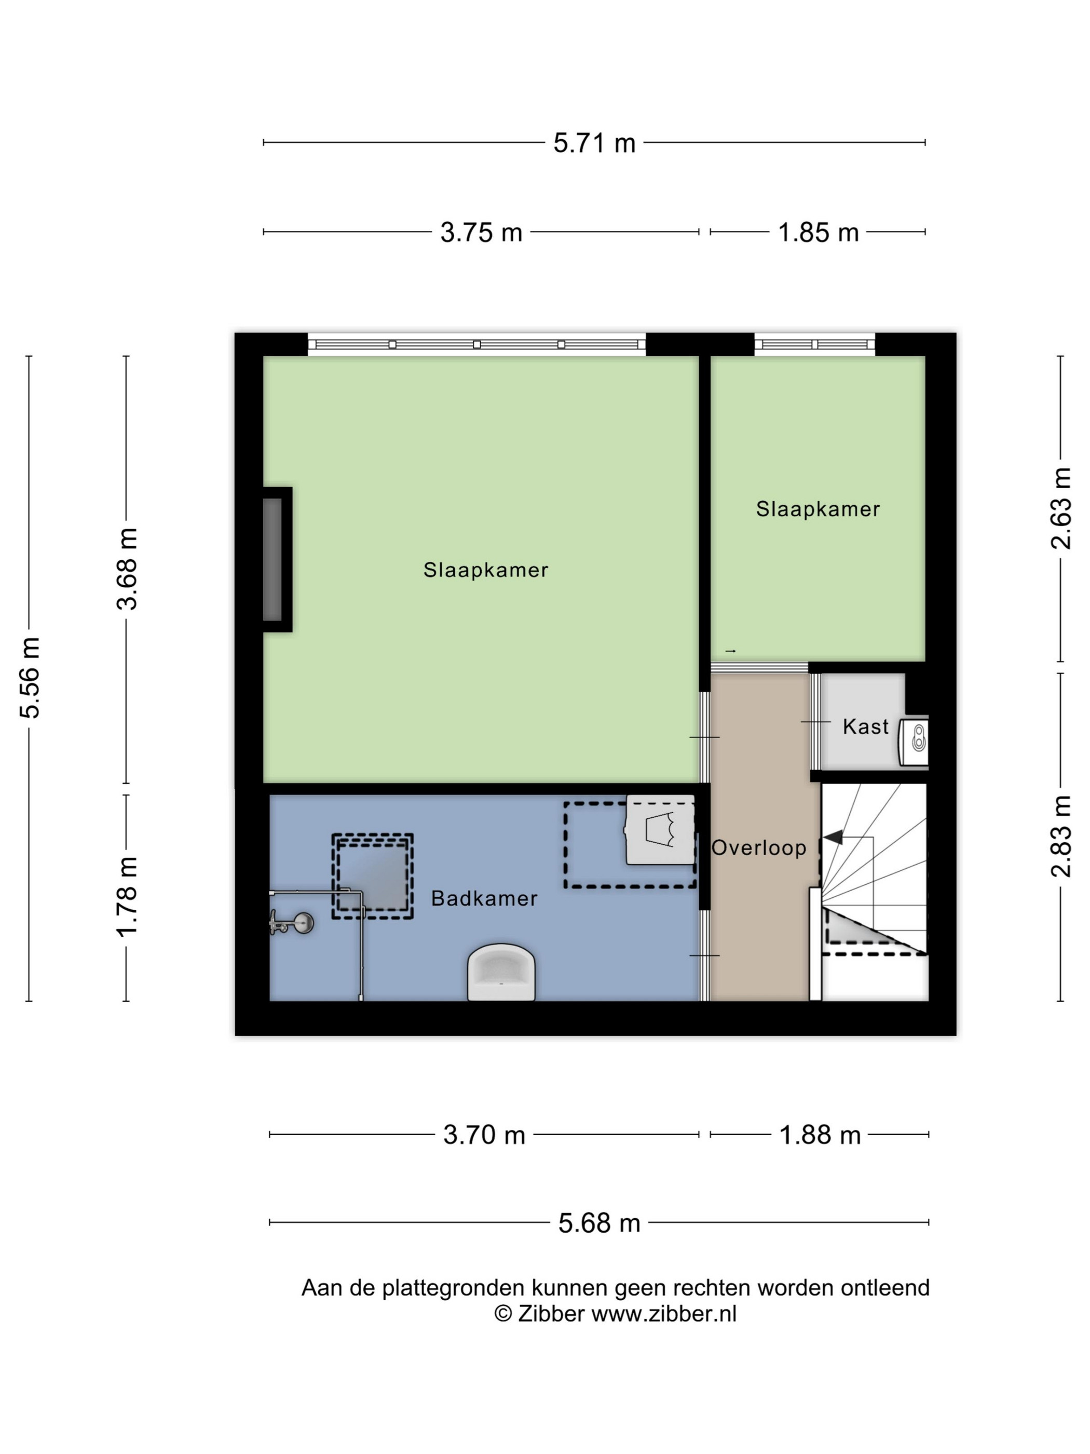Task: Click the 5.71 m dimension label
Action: click(594, 143)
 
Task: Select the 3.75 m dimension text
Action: click(481, 232)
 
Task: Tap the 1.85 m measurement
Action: click(818, 232)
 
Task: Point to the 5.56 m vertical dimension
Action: click(30, 677)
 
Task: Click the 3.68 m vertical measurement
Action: click(127, 569)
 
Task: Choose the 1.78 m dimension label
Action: click(127, 897)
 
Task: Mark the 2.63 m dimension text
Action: click(1061, 508)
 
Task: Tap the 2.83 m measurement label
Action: click(1061, 836)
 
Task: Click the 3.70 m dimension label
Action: click(484, 1135)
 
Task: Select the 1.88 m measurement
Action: click(819, 1135)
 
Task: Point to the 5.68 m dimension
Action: click(599, 1223)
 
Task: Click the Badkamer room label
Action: click(484, 898)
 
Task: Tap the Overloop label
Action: click(759, 849)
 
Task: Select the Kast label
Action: click(865, 727)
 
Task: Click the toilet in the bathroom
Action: click(501, 972)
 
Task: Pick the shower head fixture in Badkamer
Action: click(292, 923)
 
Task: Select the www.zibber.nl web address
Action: click(663, 1315)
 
